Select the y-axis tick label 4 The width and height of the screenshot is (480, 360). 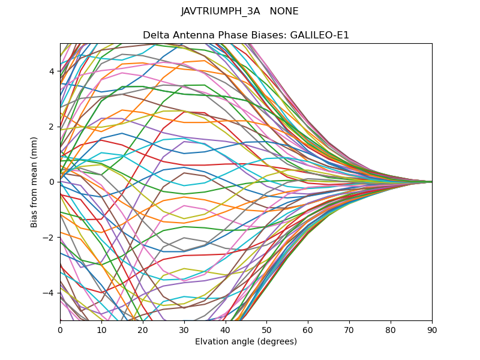click(x=52, y=71)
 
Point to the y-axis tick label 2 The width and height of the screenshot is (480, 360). click(x=52, y=127)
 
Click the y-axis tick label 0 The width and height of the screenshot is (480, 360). click(x=52, y=182)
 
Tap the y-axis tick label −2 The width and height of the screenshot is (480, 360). click(x=49, y=237)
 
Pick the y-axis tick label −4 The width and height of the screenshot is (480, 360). click(x=49, y=293)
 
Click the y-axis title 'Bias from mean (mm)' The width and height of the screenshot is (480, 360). click(x=34, y=181)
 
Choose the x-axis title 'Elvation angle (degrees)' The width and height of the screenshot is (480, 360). click(x=246, y=341)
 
